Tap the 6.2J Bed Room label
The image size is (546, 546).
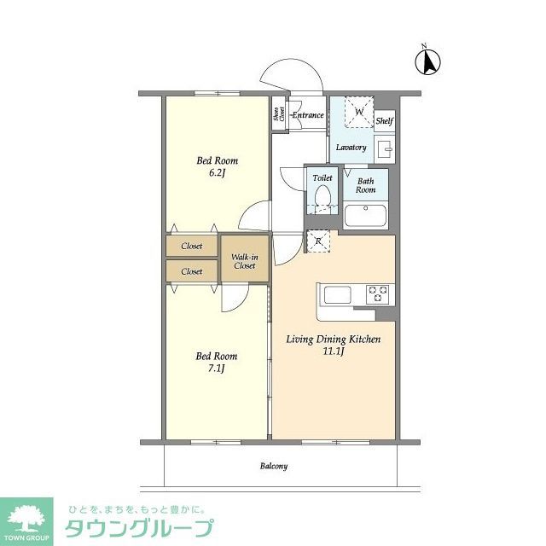pyautogui.click(x=217, y=166)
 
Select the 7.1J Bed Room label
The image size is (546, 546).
pyautogui.click(x=217, y=362)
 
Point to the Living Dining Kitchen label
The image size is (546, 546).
pyautogui.click(x=332, y=345)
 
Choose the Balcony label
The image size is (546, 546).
pyautogui.click(x=273, y=467)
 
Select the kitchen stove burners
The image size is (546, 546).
pyautogui.click(x=377, y=293)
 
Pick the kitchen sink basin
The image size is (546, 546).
pyautogui.click(x=335, y=295)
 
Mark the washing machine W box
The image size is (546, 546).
pyautogui.click(x=359, y=112)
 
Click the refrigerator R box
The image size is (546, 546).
pyautogui.click(x=317, y=241)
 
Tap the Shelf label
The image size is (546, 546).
pyautogui.click(x=384, y=121)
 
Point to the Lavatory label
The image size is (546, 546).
pyautogui.click(x=351, y=148)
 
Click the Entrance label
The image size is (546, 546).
pyautogui.click(x=307, y=115)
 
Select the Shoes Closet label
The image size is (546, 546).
pyautogui.click(x=277, y=116)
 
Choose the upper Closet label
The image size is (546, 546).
pyautogui.click(x=192, y=246)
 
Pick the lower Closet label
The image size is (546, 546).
pyautogui.click(x=192, y=271)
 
